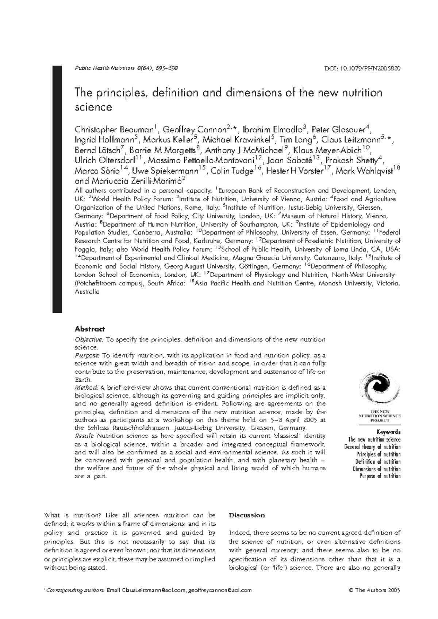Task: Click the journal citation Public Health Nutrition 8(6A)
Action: [x=126, y=68]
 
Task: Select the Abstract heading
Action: [x=90, y=329]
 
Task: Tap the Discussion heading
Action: [x=246, y=515]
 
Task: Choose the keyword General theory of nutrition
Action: [x=372, y=447]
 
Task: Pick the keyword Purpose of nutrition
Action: [x=380, y=476]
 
